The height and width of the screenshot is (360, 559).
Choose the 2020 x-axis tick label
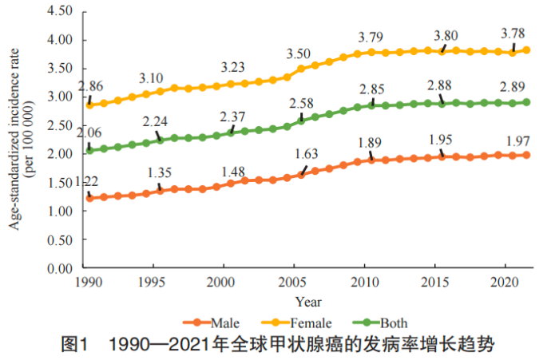pos(502,283)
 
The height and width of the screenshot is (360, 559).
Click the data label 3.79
pos(371,37)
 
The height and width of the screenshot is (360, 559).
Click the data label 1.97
pos(512,140)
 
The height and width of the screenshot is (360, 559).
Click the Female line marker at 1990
pos(89,105)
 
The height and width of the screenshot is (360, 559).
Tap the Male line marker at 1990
pos(89,198)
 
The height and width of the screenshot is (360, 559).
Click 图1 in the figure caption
pos(74,346)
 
